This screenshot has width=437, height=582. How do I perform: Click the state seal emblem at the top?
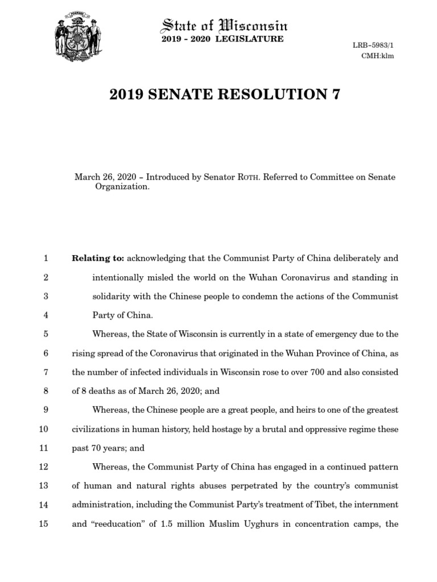76,37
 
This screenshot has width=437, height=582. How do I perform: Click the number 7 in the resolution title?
335,94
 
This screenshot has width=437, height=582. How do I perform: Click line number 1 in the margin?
46,259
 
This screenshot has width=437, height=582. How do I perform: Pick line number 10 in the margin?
43,429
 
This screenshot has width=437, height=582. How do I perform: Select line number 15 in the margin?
43,524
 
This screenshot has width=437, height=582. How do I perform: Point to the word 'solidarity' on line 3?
112,296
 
